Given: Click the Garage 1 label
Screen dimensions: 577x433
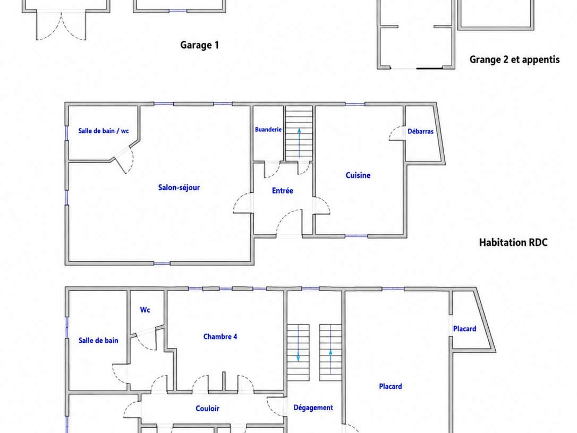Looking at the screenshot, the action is [199, 45].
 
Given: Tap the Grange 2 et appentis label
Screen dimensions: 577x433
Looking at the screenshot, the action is [514, 60].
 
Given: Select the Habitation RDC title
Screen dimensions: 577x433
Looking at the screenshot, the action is [513, 242].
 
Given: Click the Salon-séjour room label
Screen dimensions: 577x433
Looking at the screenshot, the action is [179, 188].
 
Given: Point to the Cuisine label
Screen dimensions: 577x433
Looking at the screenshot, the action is [358, 175].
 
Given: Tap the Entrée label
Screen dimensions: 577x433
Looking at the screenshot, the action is [283, 191].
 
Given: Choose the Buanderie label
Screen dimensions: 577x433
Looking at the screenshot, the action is [268, 130].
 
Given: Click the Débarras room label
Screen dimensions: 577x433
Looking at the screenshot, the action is [420, 131].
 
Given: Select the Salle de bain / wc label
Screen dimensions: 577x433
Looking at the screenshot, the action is [104, 131].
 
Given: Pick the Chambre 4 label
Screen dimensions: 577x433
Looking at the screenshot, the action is [220, 337].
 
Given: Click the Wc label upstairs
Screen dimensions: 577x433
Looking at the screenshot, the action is [145, 310].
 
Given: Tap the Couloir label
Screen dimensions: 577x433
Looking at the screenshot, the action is [208, 409].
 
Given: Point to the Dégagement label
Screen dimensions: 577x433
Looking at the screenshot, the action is [313, 407].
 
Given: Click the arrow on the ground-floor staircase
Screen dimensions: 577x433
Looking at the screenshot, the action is [299, 143].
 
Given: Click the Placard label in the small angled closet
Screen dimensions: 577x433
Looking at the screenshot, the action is [464, 329].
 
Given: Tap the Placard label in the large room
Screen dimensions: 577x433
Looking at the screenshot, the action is [391, 386].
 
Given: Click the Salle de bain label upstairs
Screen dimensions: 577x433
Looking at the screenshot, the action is [98, 341].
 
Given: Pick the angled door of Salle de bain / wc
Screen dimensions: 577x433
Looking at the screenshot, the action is [120, 165].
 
